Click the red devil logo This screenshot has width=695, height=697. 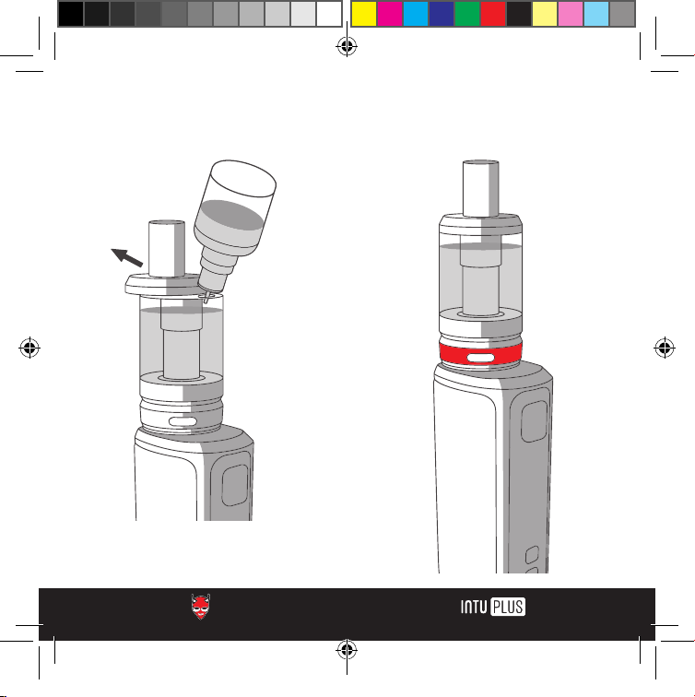tap(200, 607)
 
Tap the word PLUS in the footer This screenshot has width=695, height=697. tap(508, 607)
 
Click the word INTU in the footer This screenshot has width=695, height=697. tap(474, 607)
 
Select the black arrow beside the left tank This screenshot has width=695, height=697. tap(127, 257)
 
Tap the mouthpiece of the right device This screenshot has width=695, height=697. tap(480, 188)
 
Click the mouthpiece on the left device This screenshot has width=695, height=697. tap(166, 249)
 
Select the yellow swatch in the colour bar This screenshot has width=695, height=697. tap(364, 14)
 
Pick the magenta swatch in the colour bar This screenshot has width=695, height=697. tap(390, 14)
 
